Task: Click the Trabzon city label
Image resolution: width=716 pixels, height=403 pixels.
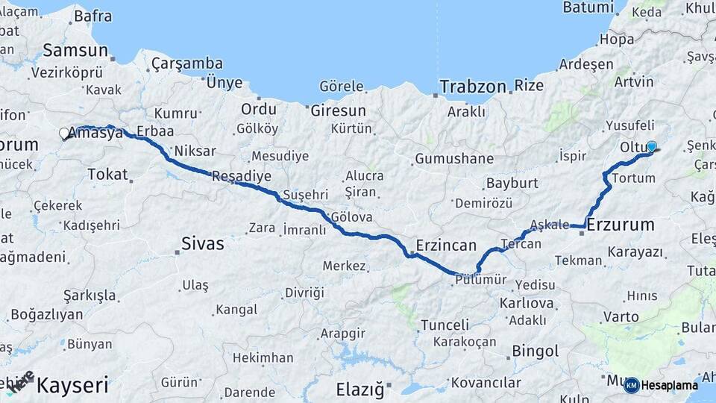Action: (x=473, y=87)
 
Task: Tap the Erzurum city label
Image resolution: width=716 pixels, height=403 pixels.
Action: (x=621, y=224)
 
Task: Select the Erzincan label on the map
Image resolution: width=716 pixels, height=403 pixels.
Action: (x=445, y=246)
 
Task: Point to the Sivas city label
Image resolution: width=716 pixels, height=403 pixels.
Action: (x=203, y=243)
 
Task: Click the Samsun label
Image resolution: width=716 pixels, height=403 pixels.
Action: (x=75, y=51)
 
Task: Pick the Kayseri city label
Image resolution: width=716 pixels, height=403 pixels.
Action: (x=72, y=386)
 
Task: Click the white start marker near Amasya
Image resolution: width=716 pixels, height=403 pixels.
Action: (x=64, y=134)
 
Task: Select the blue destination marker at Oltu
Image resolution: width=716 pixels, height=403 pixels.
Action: (x=651, y=146)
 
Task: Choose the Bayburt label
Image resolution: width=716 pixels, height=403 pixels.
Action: (x=512, y=183)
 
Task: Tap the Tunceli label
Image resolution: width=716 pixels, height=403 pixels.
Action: (x=445, y=325)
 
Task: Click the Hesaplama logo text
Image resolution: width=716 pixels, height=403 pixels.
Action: (x=670, y=385)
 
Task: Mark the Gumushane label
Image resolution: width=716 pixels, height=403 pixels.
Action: (x=454, y=158)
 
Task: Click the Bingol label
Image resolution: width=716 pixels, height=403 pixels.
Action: (x=536, y=351)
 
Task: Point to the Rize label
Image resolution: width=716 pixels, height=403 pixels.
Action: (x=529, y=86)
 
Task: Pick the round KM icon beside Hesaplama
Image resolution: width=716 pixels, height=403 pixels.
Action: (x=631, y=385)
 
